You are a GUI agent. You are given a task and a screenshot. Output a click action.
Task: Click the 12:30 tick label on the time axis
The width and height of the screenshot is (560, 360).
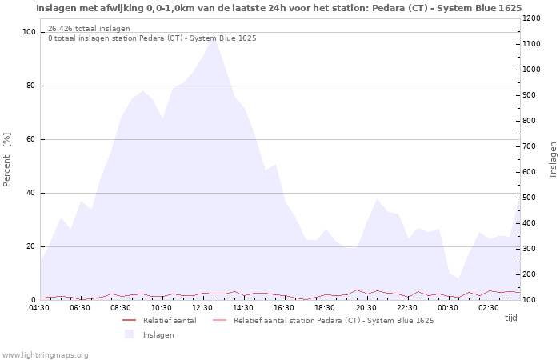tap(202, 308)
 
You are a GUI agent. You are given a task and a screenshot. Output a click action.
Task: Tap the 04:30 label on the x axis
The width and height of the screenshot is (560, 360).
tap(39, 308)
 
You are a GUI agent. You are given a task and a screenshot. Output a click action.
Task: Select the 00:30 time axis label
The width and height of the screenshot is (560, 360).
tap(447, 308)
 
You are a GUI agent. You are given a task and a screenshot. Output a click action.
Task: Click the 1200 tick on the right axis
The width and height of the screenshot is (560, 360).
tap(531, 18)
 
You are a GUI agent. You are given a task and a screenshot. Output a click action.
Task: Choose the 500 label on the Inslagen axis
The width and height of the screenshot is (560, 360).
tap(529, 198)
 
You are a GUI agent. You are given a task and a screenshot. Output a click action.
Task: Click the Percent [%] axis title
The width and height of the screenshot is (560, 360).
tap(6, 159)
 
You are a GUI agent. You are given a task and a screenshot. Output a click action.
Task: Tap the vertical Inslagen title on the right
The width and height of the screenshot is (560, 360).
tap(553, 159)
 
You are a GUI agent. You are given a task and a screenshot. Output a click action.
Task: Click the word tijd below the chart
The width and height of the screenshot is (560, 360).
tap(510, 318)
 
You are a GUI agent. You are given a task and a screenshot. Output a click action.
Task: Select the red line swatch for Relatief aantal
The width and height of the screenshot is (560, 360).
tap(129, 320)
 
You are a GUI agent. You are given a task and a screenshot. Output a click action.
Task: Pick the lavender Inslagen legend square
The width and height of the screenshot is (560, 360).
tap(129, 334)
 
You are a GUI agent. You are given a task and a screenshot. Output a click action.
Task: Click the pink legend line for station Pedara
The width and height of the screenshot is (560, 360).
tap(220, 320)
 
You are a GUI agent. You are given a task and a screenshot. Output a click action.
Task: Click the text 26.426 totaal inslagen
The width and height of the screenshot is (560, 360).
tap(89, 28)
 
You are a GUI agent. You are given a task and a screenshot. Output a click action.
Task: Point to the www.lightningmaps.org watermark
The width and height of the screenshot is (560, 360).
tap(45, 355)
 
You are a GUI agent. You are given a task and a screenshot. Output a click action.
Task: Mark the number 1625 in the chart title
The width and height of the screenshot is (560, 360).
tap(510, 8)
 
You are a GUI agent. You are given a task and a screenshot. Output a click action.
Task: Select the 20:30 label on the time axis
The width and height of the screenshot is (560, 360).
tap(366, 308)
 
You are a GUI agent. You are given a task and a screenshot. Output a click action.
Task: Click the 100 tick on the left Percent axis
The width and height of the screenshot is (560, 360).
tap(29, 32)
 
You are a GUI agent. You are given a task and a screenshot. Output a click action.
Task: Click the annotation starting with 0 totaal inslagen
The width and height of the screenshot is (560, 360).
tap(152, 38)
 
